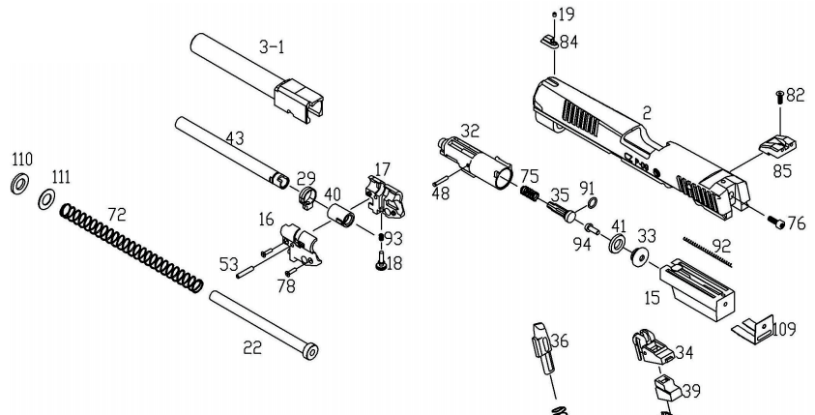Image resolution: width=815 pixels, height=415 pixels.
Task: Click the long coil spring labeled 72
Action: click(131, 247)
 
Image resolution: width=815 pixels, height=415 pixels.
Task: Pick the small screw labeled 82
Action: click(779, 97)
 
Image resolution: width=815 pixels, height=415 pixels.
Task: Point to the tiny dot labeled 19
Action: click(554, 14)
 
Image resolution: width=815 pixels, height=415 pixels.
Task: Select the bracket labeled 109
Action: click(749, 328)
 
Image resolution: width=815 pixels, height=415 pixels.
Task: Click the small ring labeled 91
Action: click(592, 201)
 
